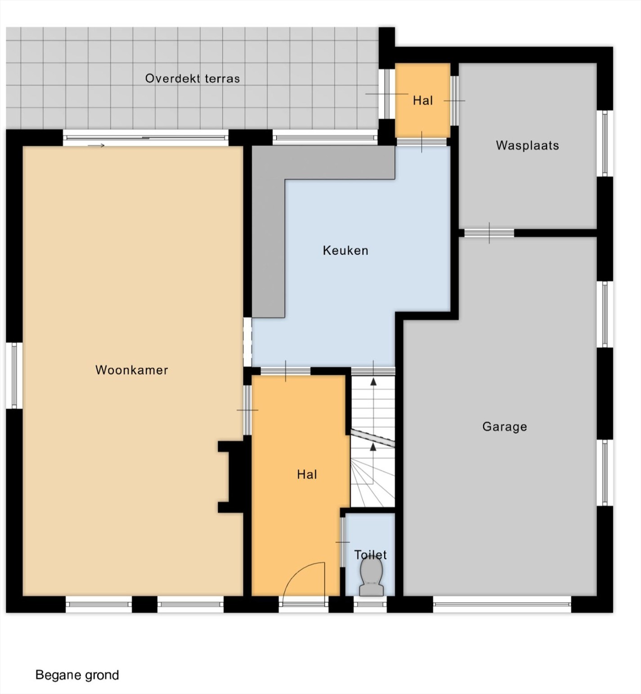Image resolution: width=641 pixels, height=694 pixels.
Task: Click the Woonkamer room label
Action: tap(131, 370)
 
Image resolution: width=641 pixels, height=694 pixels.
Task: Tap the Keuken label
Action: tap(345, 250)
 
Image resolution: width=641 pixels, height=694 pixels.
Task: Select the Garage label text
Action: tap(505, 427)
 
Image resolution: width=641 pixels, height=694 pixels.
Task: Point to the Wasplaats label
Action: tap(527, 145)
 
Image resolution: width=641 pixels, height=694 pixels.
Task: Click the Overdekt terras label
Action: tap(193, 78)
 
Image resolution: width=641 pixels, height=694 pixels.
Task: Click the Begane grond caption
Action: tap(77, 675)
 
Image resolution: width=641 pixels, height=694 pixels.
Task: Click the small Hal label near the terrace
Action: tap(423, 100)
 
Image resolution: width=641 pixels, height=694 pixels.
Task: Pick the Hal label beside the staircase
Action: tap(307, 474)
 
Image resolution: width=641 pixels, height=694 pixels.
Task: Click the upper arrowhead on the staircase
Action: tap(373, 382)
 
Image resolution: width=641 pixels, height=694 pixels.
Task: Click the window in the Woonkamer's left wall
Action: tap(14, 375)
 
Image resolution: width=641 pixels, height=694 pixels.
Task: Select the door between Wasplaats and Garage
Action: tap(489, 233)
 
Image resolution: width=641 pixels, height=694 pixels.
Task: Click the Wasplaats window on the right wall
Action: tap(605, 143)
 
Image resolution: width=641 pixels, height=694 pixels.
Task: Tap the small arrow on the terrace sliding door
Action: tap(96, 145)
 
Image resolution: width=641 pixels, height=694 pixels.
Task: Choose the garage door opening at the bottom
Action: tap(502, 604)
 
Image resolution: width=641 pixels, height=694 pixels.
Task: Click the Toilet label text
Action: tap(370, 554)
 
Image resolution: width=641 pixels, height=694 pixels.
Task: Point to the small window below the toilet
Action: tap(370, 604)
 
